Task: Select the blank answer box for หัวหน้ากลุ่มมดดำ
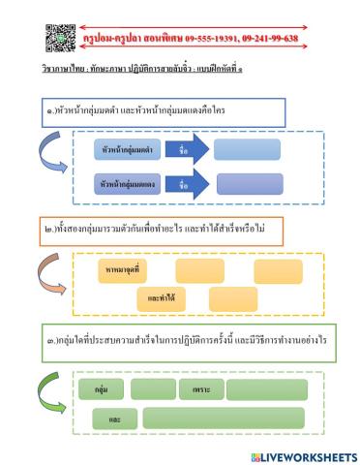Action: coord(248,150)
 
